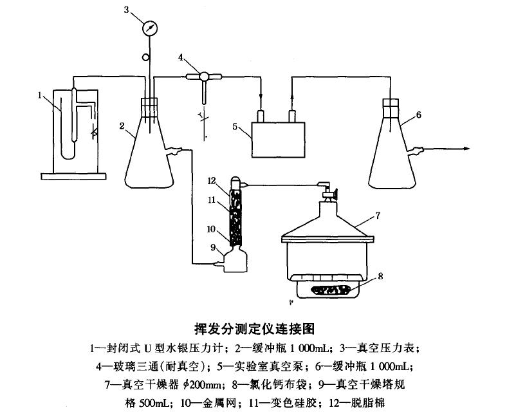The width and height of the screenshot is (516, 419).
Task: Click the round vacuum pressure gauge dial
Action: [x=150, y=28]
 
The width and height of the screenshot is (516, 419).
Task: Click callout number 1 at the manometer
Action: [x=40, y=95]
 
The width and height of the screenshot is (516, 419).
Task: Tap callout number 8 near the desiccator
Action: [x=381, y=276]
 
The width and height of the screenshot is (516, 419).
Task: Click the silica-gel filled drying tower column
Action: [x=236, y=216]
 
